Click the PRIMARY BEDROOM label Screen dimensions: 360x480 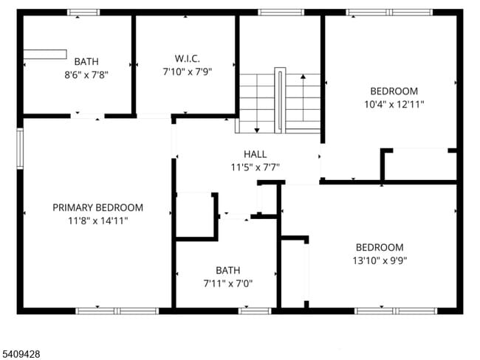pyautogui.click(x=97, y=208)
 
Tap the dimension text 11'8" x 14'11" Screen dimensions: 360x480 pyautogui.click(x=97, y=221)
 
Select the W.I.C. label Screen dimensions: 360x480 pyautogui.click(x=187, y=58)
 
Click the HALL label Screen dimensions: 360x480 pyautogui.click(x=255, y=154)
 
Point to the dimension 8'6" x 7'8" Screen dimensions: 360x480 pyautogui.click(x=86, y=74)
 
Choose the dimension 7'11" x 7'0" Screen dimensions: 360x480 pyautogui.click(x=227, y=283)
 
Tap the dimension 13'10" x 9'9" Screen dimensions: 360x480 pyautogui.click(x=380, y=260)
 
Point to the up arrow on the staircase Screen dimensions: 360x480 pyautogui.click(x=303, y=76)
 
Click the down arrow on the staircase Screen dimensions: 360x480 pyautogui.click(x=256, y=129)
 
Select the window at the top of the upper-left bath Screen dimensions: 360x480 pyautogui.click(x=83, y=13)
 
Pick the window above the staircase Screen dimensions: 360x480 pyautogui.click(x=281, y=13)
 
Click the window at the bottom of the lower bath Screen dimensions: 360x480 pyautogui.click(x=255, y=311)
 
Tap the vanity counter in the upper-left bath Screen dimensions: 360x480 pyautogui.click(x=44, y=53)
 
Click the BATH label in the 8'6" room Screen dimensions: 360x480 pyautogui.click(x=86, y=61)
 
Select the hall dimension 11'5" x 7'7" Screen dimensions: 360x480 pyautogui.click(x=255, y=167)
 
